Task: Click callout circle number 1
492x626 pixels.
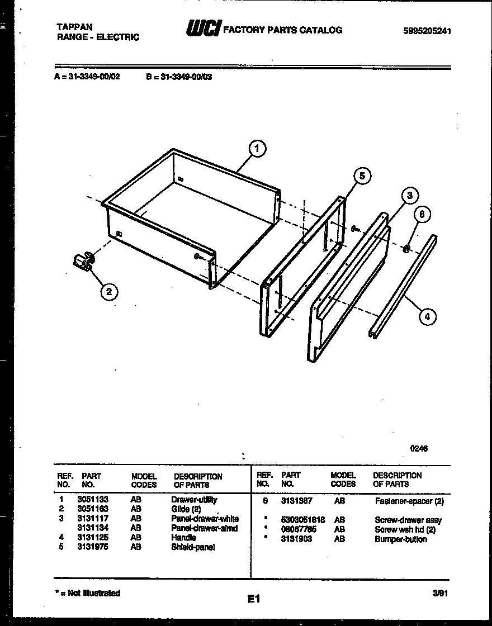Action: pyautogui.click(x=257, y=149)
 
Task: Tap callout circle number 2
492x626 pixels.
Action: pyautogui.click(x=109, y=291)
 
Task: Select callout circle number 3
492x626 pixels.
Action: pyautogui.click(x=409, y=195)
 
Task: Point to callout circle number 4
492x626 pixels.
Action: pyautogui.click(x=427, y=317)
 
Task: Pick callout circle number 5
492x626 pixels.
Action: pyautogui.click(x=362, y=176)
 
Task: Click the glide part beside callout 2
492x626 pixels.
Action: pyautogui.click(x=83, y=262)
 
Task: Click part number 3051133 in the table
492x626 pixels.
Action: pyautogui.click(x=92, y=500)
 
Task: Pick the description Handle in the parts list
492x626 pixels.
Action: pyautogui.click(x=183, y=538)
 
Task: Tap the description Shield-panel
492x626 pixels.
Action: pyautogui.click(x=193, y=547)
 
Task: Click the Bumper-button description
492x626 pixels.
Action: pyautogui.click(x=400, y=539)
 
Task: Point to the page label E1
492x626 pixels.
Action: pyautogui.click(x=254, y=599)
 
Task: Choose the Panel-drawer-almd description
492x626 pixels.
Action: pyautogui.click(x=204, y=528)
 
